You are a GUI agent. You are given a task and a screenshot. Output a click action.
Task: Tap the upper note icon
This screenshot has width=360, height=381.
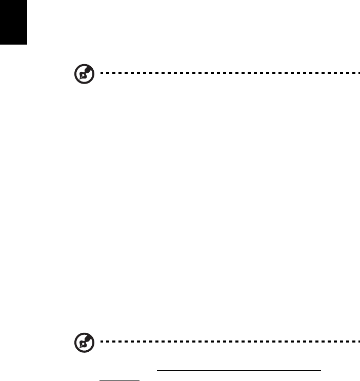pos(82,75)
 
